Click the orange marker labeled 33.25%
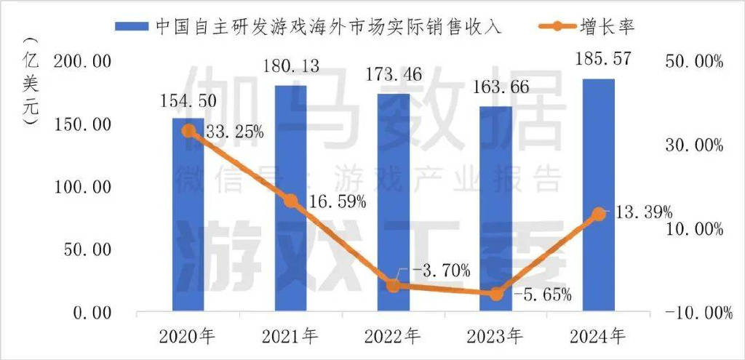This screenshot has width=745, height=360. (x=188, y=131)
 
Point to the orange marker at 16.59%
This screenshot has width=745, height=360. (x=291, y=201)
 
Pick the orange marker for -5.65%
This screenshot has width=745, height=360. (x=496, y=295)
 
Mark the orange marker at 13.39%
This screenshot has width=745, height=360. (x=599, y=214)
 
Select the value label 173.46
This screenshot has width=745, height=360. (x=394, y=73)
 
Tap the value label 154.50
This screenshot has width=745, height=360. (x=188, y=101)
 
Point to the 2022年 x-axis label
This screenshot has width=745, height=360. (x=394, y=336)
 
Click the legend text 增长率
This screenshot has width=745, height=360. (x=611, y=27)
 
